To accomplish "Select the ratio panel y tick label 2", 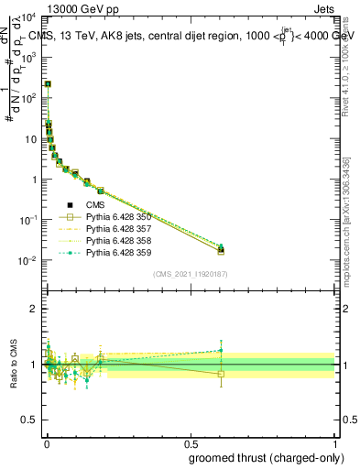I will [33, 309].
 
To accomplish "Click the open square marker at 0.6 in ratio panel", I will [221, 374].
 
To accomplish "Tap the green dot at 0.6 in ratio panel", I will [221, 350].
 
